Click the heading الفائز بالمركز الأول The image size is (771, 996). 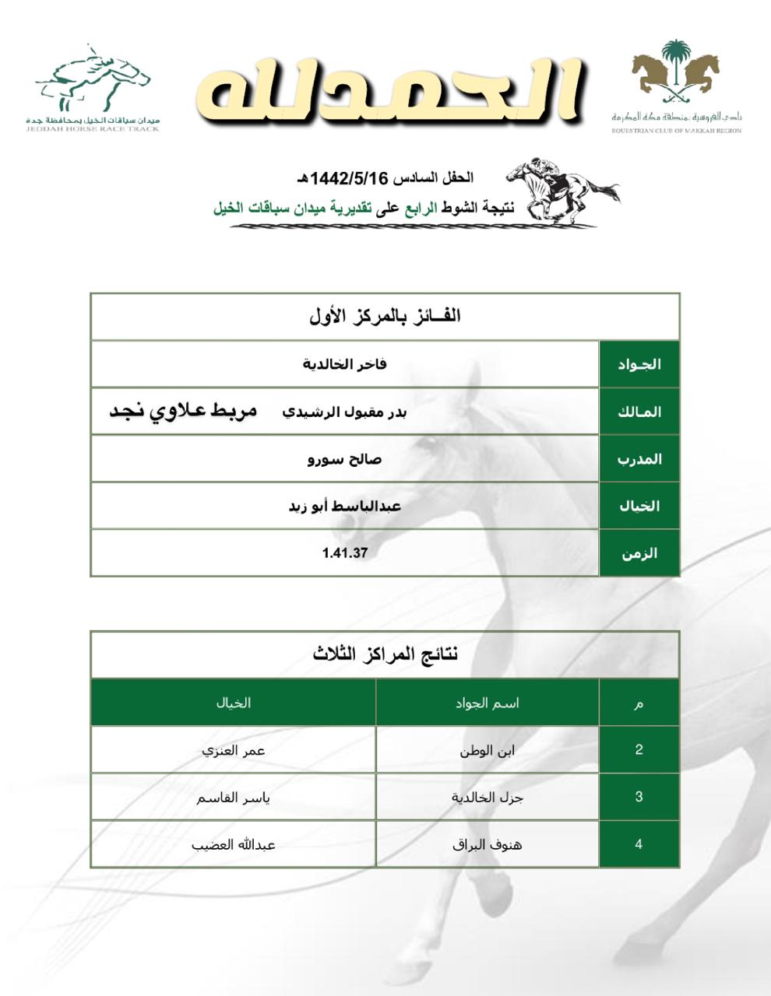click(385, 316)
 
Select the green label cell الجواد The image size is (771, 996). click(639, 364)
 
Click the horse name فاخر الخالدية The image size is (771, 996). click(345, 364)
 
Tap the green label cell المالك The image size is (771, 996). click(639, 412)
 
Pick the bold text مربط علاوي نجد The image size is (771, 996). click(183, 411)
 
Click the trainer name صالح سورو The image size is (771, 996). click(345, 459)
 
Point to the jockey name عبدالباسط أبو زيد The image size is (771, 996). click(345, 507)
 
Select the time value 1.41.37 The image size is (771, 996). click(345, 553)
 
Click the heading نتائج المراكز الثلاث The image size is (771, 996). click(385, 654)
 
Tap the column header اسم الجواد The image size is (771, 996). click(488, 703)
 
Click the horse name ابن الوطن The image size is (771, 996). click(488, 751)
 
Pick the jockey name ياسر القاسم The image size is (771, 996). click(233, 798)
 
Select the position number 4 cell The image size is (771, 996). click(639, 844)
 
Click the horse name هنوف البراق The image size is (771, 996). click(488, 844)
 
